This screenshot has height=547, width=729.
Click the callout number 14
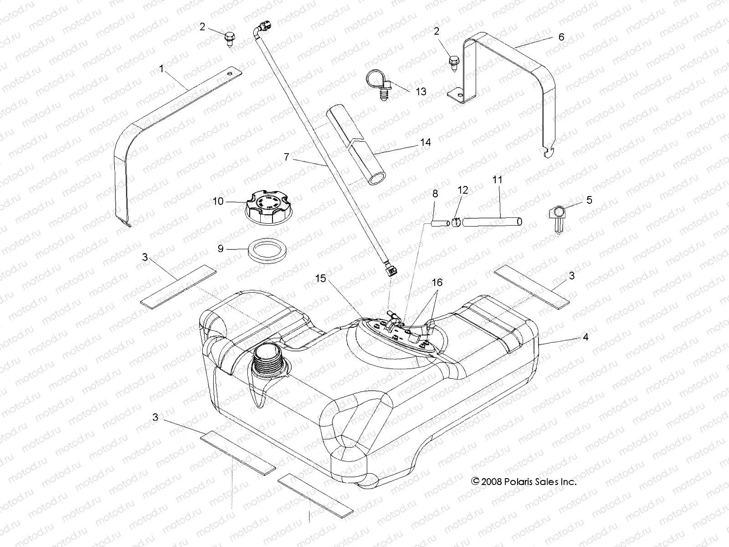(425, 142)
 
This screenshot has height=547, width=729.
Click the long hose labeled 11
(492, 222)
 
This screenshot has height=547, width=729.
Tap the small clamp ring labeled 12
(455, 222)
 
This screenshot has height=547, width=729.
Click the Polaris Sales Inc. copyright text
(524, 481)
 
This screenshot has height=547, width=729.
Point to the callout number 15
(321, 278)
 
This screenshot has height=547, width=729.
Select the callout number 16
(437, 283)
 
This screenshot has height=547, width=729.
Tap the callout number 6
(561, 37)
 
